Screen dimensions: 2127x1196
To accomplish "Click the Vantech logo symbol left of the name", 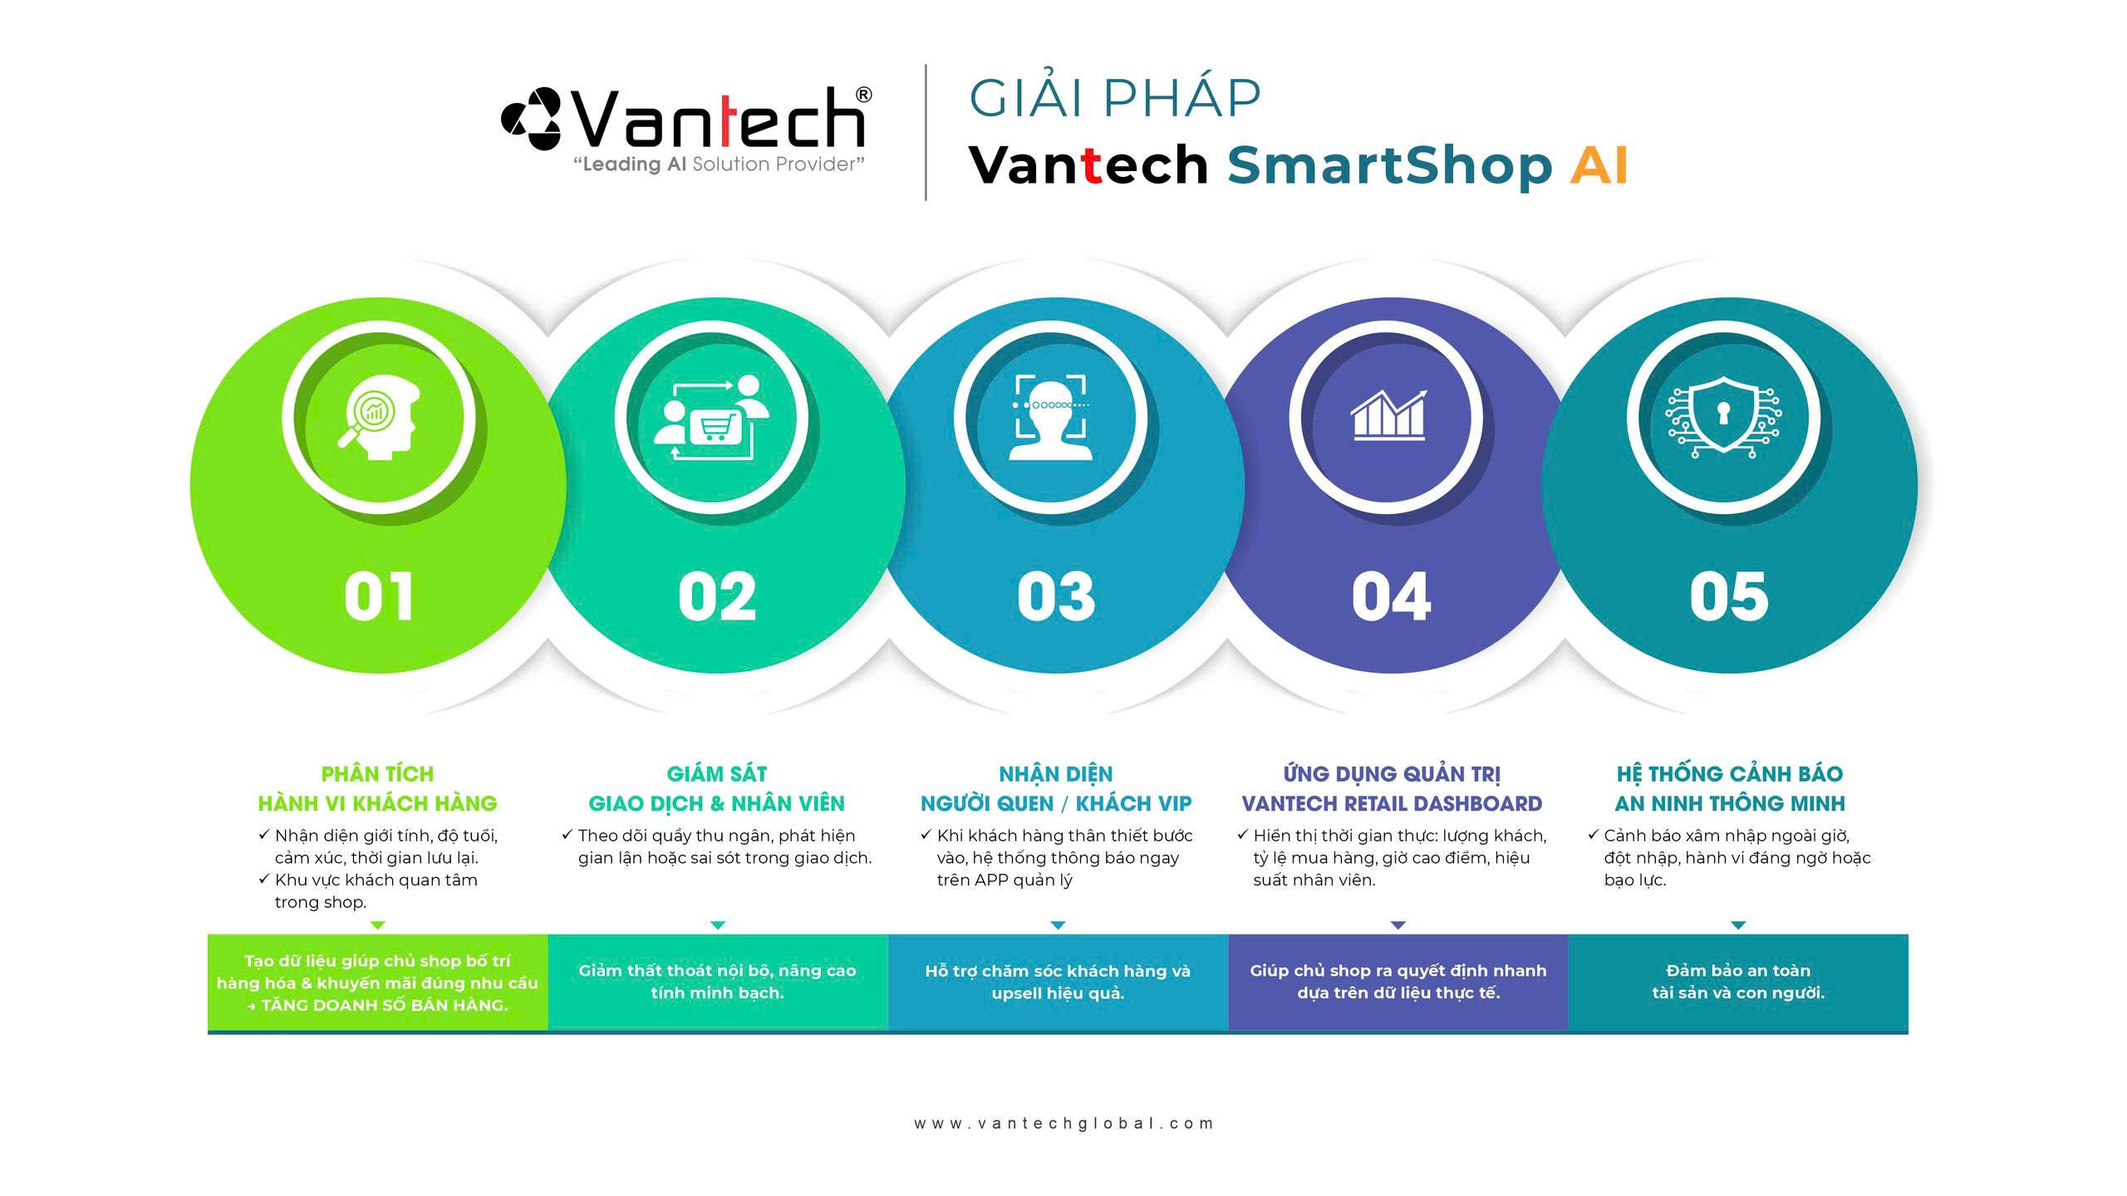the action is [532, 120].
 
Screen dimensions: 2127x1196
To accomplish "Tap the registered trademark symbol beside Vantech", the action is [863, 95].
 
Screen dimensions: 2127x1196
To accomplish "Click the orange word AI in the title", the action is [1599, 164].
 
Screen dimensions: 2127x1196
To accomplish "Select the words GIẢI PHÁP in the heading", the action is [1115, 98].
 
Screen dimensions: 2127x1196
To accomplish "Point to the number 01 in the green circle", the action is [379, 596].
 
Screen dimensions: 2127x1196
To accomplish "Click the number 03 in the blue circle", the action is [1057, 596].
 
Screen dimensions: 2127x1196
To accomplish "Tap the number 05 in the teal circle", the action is [1729, 596].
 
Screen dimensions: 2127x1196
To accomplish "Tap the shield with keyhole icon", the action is [1723, 415].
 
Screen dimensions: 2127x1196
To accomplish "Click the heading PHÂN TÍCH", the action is [377, 774].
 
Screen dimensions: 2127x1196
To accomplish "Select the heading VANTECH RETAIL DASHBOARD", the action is [1392, 804].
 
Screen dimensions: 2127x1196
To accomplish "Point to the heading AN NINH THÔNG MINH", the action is [1730, 804].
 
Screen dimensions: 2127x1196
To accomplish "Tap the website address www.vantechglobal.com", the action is [1063, 1124].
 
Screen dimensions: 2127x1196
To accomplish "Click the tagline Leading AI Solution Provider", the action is [720, 164].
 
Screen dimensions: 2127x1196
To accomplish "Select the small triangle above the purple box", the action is [1398, 924].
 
